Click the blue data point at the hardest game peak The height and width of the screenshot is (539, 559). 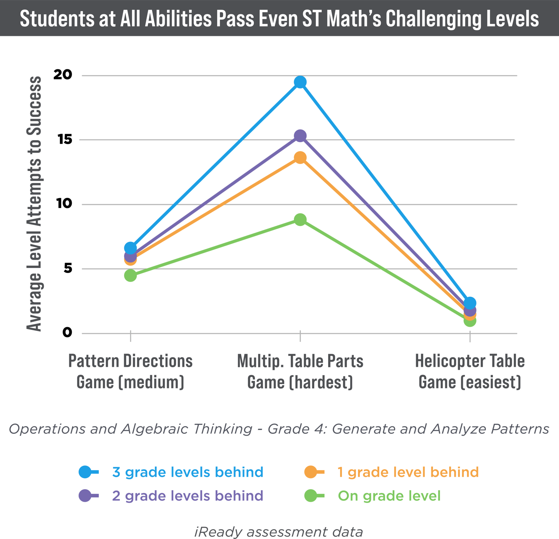(300, 82)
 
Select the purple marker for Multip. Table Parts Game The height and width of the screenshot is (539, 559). (300, 136)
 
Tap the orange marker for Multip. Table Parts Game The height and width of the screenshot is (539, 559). (300, 158)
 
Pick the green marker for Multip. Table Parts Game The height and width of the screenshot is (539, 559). (300, 220)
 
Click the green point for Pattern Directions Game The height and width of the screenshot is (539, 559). (130, 276)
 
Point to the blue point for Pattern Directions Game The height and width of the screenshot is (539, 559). (130, 248)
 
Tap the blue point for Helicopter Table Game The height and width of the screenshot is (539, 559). (470, 303)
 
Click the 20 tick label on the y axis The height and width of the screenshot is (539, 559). (63, 75)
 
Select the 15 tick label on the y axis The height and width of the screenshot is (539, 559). (65, 139)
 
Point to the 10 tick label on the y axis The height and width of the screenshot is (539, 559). (65, 204)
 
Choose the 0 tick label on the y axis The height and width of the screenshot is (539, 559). (67, 333)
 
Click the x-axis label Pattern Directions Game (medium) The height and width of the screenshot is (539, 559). (130, 372)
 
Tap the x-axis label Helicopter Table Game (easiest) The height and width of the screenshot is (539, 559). (470, 372)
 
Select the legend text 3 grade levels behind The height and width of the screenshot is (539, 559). (188, 472)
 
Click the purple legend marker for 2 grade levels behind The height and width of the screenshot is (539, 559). (85, 496)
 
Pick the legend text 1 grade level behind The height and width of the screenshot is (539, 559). (408, 472)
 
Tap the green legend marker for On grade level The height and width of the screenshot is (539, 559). (311, 496)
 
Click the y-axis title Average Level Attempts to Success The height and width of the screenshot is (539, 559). (34, 204)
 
